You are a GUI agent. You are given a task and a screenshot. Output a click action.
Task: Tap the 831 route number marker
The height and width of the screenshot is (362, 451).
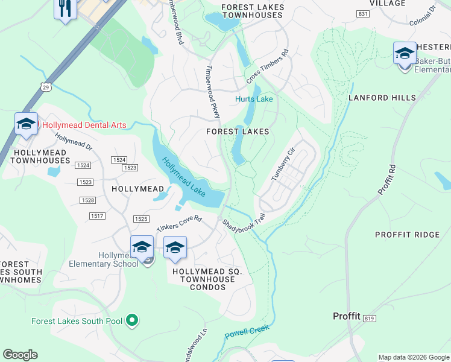click(x=362, y=13)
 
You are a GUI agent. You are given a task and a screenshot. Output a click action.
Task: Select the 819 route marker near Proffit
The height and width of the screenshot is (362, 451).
click(x=370, y=318)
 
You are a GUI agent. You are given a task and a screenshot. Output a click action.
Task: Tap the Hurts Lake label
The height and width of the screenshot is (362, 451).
click(x=253, y=99)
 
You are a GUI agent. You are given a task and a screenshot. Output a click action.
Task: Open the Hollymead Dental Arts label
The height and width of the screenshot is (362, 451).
click(x=84, y=125)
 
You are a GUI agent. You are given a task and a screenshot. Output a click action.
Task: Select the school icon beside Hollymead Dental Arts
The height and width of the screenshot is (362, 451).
click(x=26, y=124)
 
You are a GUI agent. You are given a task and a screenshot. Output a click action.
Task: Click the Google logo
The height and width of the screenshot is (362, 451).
click(x=20, y=355)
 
